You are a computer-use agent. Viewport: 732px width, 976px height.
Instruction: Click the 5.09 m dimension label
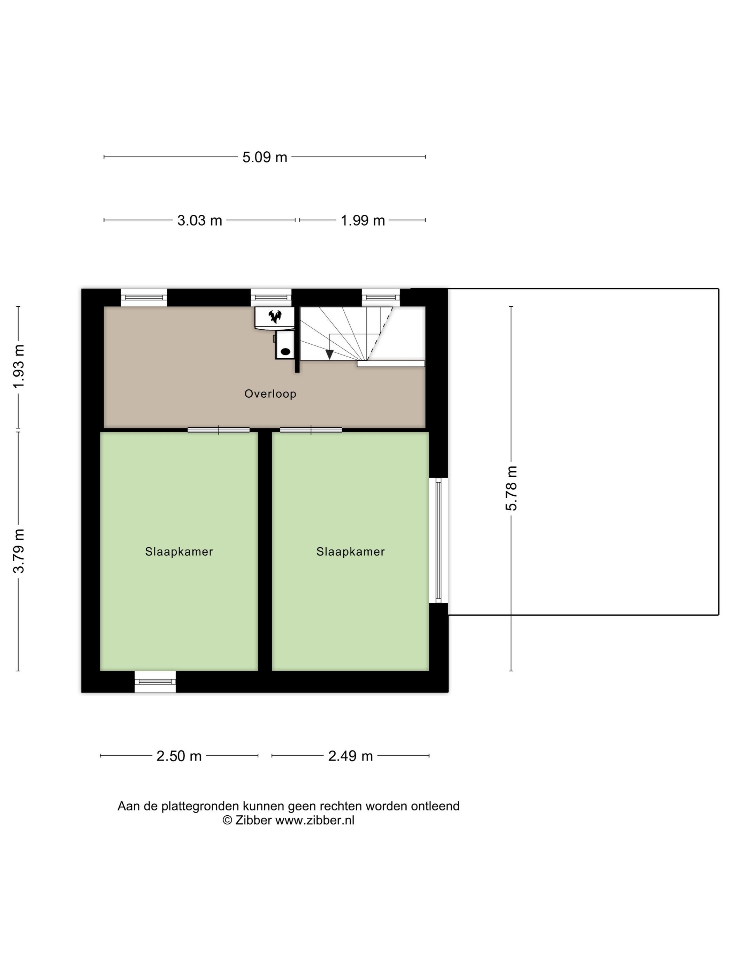click(x=264, y=157)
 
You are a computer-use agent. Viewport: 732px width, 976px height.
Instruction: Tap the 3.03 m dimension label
click(x=199, y=220)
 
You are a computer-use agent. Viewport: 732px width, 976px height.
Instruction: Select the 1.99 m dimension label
click(x=363, y=220)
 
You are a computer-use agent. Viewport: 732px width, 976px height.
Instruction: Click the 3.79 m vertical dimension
click(x=18, y=551)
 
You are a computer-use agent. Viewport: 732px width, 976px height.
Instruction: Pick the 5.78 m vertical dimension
click(x=511, y=488)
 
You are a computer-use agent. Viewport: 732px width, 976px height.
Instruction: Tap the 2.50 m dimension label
click(x=179, y=756)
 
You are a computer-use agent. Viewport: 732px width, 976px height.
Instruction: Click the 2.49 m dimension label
click(x=350, y=756)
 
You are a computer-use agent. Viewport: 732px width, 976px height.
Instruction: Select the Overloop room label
click(x=270, y=394)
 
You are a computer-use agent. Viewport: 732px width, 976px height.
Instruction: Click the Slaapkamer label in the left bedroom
click(x=179, y=551)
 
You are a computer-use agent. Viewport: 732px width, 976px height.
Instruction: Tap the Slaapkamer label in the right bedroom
click(x=350, y=551)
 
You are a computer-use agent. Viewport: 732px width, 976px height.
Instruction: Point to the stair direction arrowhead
click(x=329, y=354)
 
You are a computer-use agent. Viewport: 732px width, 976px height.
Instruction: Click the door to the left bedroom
click(x=219, y=430)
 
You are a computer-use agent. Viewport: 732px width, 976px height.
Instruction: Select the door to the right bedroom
click(x=311, y=430)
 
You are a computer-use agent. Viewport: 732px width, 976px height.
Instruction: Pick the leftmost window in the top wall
click(x=144, y=297)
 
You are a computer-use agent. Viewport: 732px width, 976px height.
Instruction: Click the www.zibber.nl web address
click(x=315, y=820)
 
